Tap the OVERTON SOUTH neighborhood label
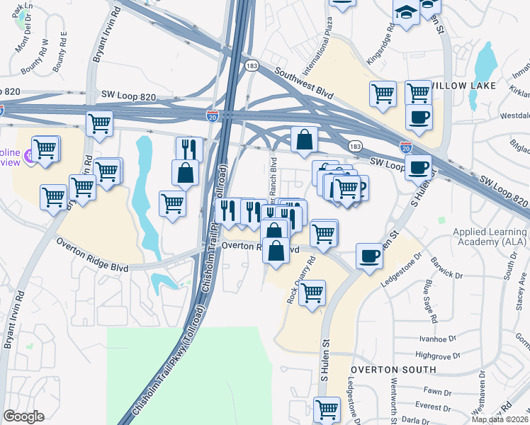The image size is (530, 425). [x=393, y=370]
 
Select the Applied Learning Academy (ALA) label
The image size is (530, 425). [x=488, y=238]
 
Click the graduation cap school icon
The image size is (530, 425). [x=406, y=13]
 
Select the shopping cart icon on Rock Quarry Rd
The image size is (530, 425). [x=312, y=292]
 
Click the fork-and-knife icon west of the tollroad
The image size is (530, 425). [x=189, y=147]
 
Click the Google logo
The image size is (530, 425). [x=24, y=416]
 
